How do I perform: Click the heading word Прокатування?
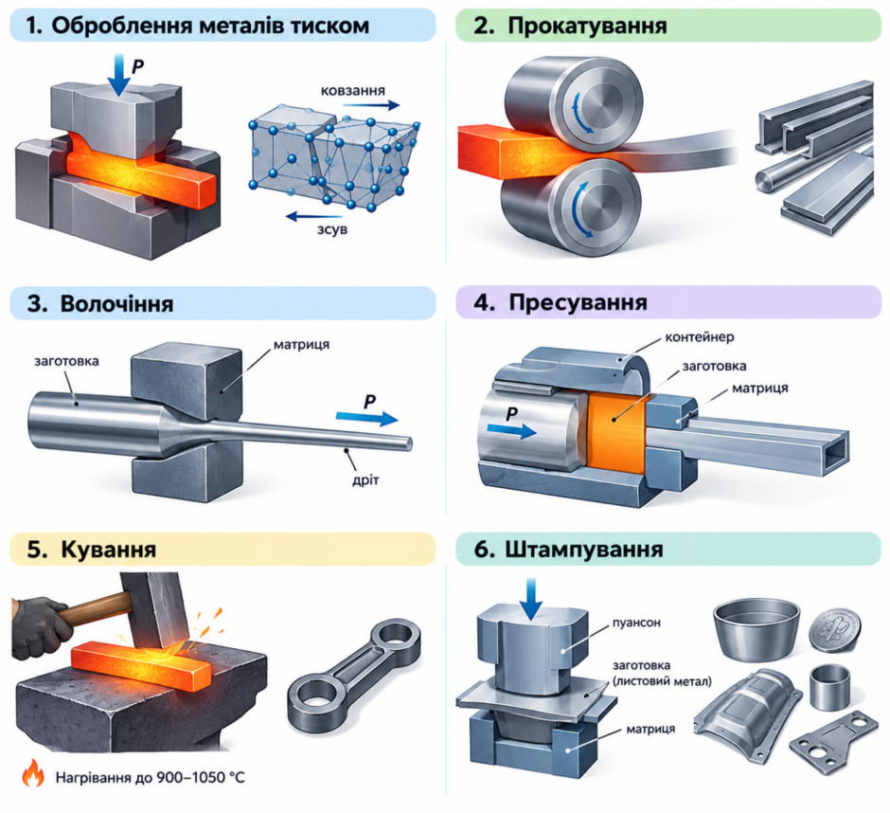click(587, 26)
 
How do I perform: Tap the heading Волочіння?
click(116, 303)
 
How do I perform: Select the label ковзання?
click(352, 91)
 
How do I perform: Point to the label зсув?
click(332, 229)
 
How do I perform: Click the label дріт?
click(365, 480)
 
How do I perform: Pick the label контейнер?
click(700, 337)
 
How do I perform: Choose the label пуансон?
click(636, 623)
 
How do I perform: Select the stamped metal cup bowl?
click(757, 631)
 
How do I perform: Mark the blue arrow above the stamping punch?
click(531, 599)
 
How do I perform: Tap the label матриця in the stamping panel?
click(650, 729)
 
